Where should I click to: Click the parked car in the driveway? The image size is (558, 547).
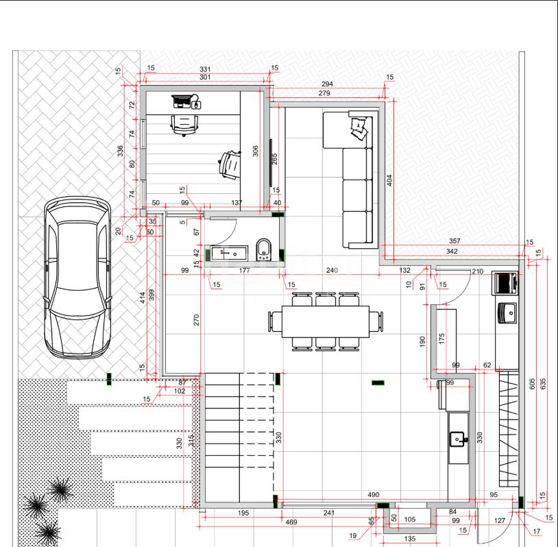coord(77,278)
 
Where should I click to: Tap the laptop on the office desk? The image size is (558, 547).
coord(181,101)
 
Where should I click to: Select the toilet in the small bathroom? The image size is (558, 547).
coord(263,249)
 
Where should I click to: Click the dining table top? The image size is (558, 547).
coord(325,321)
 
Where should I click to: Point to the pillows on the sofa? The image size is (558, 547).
coord(359,128)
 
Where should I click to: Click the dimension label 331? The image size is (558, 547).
coord(205,69)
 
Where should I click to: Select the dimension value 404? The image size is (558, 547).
coord(389,180)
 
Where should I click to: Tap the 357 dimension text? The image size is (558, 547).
coord(454,241)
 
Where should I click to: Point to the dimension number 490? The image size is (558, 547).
coord(374,494)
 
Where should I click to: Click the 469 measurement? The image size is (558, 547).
coord(291,522)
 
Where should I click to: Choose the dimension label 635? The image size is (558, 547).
coord(543,384)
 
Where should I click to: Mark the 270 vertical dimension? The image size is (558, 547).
coord(197,320)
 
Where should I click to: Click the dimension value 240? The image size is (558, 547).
coord(332,271)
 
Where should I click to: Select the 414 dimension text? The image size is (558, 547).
coord(143,297)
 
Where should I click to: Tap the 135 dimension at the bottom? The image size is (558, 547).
coord(410,539)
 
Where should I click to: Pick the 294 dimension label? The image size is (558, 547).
coord(327,84)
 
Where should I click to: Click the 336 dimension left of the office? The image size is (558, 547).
coord(120,151)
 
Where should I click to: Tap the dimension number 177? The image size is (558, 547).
coord(244,271)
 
